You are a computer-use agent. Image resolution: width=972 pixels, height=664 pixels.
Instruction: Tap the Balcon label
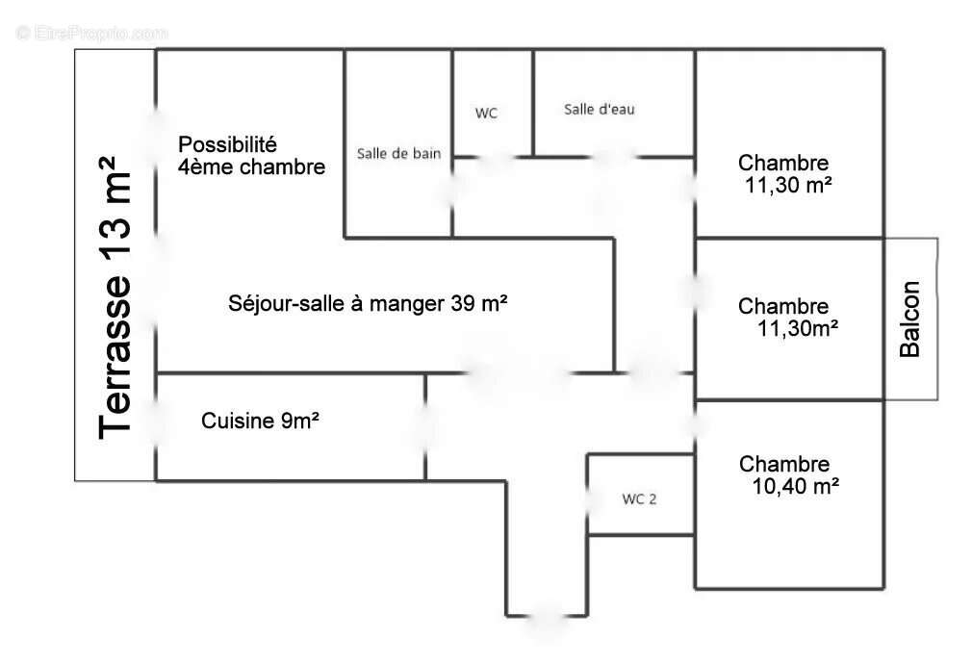(909, 319)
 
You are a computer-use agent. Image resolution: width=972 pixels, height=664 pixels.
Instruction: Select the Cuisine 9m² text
(261, 421)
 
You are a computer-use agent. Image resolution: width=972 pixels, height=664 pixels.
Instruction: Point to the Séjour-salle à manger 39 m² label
(369, 303)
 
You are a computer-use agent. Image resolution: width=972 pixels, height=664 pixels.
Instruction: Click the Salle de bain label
(398, 153)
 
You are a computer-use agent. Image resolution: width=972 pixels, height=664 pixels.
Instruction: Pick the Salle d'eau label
(599, 110)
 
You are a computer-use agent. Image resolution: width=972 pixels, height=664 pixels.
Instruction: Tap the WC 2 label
(640, 498)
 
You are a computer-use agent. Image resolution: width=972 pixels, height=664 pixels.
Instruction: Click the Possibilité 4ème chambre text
(251, 156)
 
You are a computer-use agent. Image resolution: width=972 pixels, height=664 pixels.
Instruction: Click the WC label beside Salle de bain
(487, 113)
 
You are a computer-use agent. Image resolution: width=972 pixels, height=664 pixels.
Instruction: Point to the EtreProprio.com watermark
(92, 33)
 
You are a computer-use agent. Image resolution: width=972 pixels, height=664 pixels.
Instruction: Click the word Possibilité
(228, 144)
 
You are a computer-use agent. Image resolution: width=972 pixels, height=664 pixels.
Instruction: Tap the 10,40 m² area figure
(795, 487)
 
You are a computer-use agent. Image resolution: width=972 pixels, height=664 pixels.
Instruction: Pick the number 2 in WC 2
(654, 498)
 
